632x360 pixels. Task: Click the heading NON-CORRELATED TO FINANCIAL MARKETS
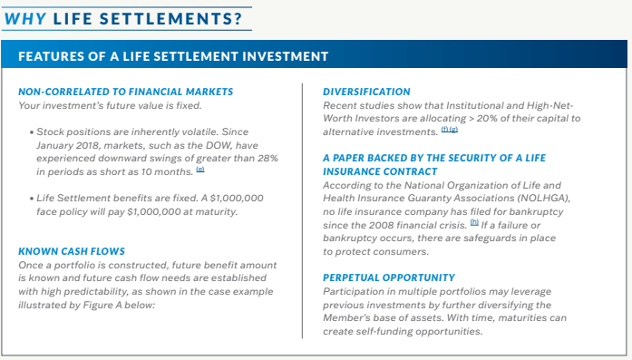[126, 92]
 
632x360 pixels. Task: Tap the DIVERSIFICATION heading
[366, 92]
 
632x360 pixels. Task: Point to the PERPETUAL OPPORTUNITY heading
[389, 277]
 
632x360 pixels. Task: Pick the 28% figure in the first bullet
[267, 159]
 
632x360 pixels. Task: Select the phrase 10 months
[162, 172]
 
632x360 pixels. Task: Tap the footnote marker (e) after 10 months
[199, 170]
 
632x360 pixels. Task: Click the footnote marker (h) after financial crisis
[448, 223]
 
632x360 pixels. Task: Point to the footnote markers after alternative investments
[449, 131]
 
